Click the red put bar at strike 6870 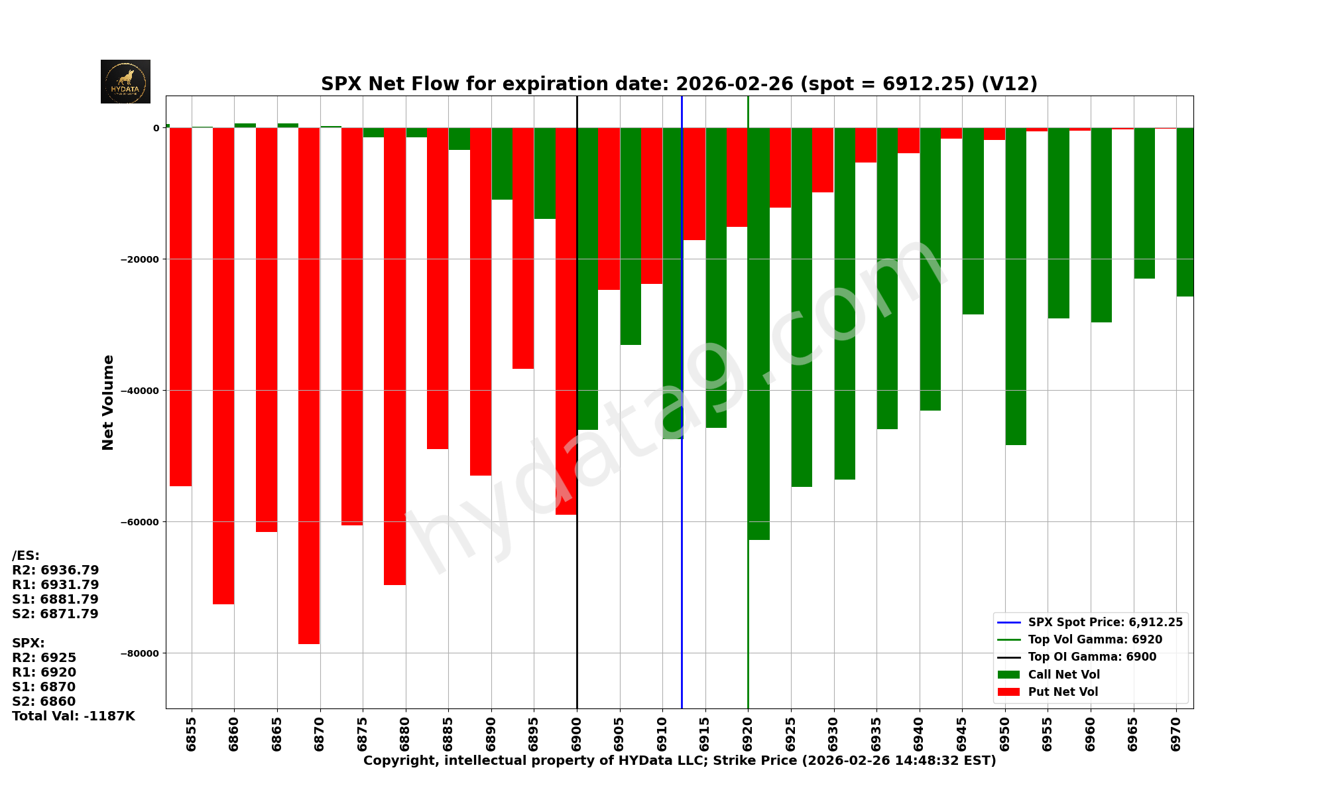pyautogui.click(x=309, y=385)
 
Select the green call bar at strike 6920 pyautogui.click(x=759, y=332)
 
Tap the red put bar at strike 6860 pyautogui.click(x=223, y=365)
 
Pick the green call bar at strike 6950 pyautogui.click(x=1016, y=285)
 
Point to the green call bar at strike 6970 pyautogui.click(x=1185, y=212)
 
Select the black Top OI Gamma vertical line pyautogui.click(x=577, y=597)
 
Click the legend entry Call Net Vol pyautogui.click(x=1063, y=675)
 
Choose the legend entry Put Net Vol pyautogui.click(x=1063, y=692)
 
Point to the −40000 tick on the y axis pyautogui.click(x=141, y=391)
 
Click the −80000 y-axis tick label pyautogui.click(x=141, y=653)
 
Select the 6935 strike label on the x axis pyautogui.click(x=876, y=734)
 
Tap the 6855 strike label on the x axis pyautogui.click(x=192, y=734)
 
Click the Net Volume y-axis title pyautogui.click(x=108, y=402)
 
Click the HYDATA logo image pyautogui.click(x=125, y=82)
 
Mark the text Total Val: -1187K pyautogui.click(x=74, y=716)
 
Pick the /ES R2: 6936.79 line pyautogui.click(x=56, y=570)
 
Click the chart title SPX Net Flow pyautogui.click(x=679, y=84)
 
